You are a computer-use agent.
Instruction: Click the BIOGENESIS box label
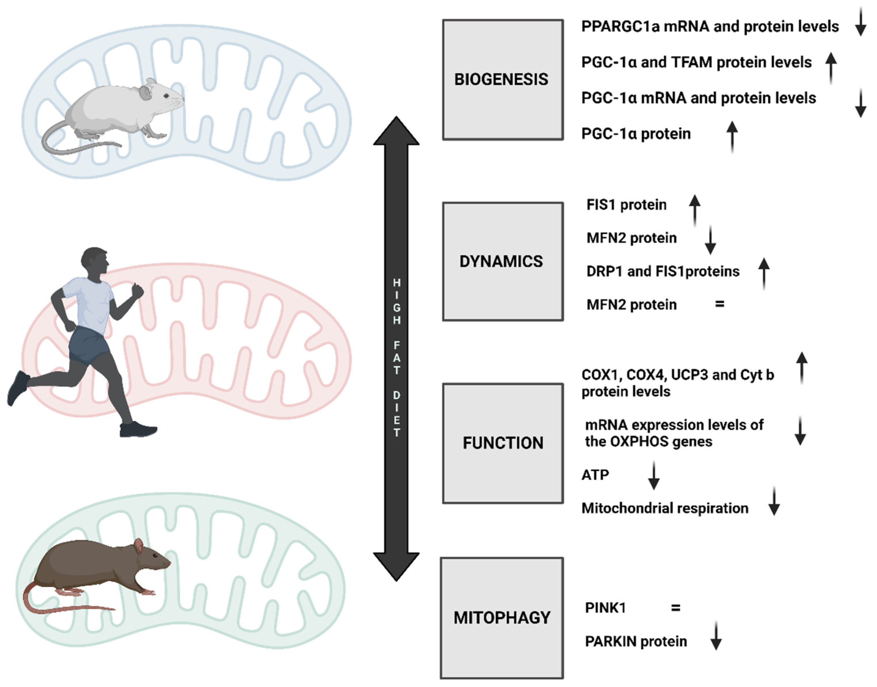pyautogui.click(x=501, y=79)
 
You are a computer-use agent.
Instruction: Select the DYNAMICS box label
pyautogui.click(x=501, y=262)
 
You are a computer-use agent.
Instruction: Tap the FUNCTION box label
pyautogui.click(x=503, y=443)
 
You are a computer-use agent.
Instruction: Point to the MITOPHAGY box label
pyautogui.click(x=502, y=617)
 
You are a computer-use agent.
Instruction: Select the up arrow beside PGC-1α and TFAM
pyautogui.click(x=831, y=68)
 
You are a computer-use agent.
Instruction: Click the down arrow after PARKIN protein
pyautogui.click(x=716, y=636)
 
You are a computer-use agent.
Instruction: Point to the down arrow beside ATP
pyautogui.click(x=654, y=475)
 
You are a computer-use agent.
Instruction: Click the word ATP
pyautogui.click(x=595, y=475)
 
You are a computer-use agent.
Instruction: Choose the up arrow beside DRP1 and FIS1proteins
pyautogui.click(x=764, y=274)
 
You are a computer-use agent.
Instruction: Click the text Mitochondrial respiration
pyautogui.click(x=665, y=508)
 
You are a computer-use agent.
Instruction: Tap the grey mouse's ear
pyautogui.click(x=145, y=93)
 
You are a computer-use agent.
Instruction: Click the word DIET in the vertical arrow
pyautogui.click(x=396, y=414)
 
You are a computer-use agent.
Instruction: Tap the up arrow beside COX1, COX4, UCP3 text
pyautogui.click(x=802, y=368)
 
